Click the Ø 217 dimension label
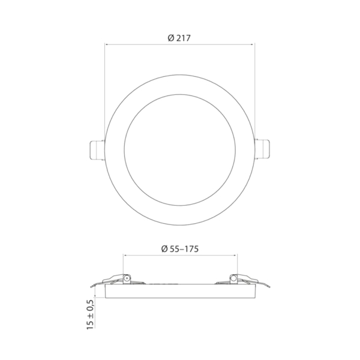[179, 38]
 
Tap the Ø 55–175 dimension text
[180, 249]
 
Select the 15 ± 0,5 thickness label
[90, 315]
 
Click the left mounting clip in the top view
[97, 149]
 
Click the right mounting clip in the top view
[262, 149]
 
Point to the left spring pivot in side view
[126, 278]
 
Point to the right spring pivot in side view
[233, 278]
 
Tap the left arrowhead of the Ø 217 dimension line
[106, 44]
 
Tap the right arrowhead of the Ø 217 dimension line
[253, 44]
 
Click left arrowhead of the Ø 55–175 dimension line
[124, 255]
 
